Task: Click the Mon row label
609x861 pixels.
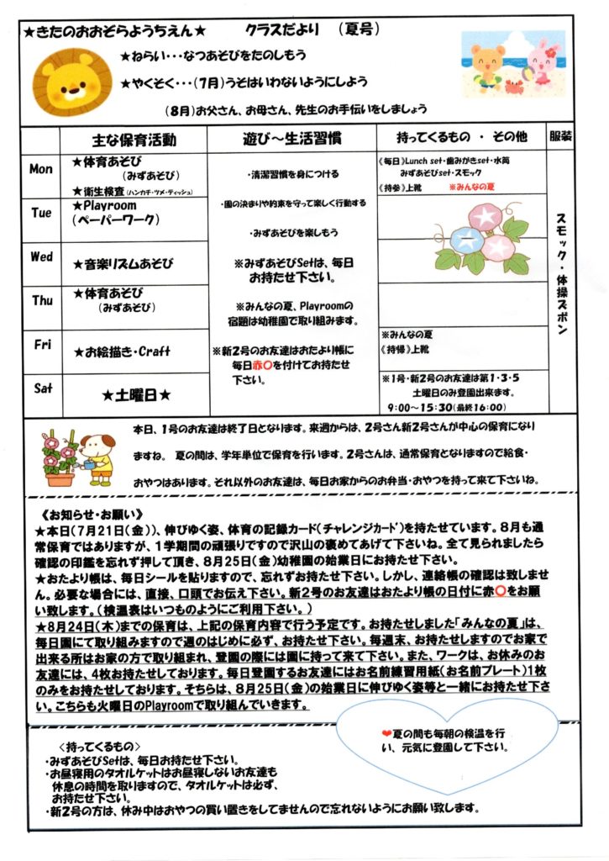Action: (41, 169)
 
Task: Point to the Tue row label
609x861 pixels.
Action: (41, 213)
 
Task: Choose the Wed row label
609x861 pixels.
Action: (41, 256)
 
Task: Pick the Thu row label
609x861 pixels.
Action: (41, 300)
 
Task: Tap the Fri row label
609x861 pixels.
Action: (41, 344)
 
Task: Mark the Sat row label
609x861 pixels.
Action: (41, 388)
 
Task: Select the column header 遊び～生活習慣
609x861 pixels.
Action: (291, 140)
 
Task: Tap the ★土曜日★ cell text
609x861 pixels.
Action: (137, 393)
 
